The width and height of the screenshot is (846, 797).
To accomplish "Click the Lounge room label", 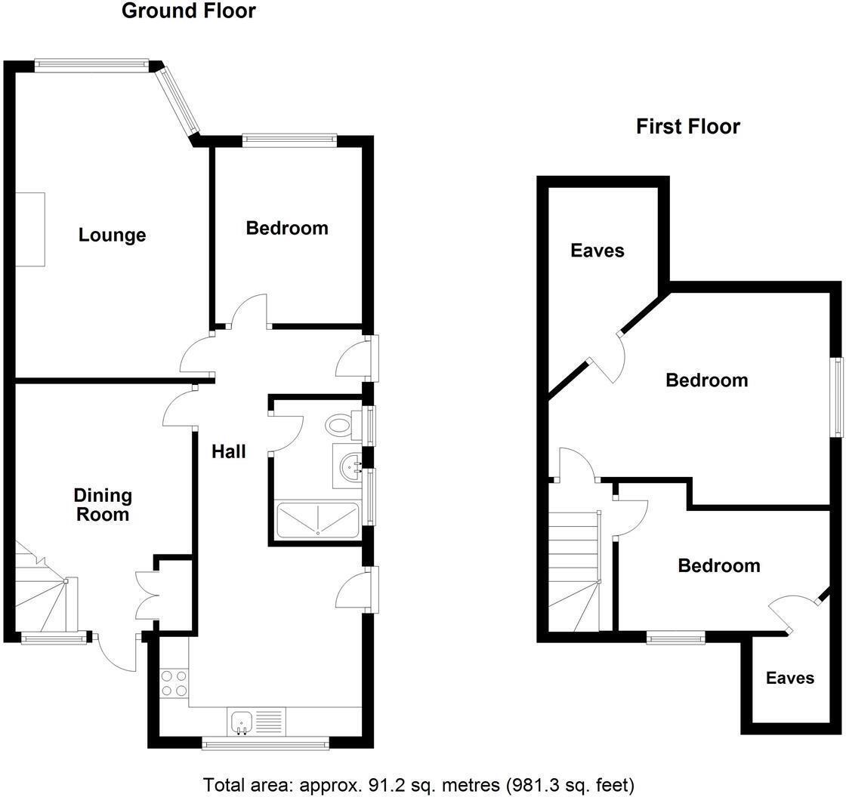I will point(112,235).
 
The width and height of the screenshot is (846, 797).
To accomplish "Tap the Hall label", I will point(228,451).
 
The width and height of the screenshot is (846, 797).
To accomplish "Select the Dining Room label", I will point(103,505).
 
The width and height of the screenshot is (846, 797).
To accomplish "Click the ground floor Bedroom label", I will point(287,228).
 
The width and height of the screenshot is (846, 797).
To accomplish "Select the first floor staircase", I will point(574,570).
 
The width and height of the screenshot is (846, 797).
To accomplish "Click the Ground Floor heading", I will point(188,11).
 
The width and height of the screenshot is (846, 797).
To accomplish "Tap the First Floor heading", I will point(687,126).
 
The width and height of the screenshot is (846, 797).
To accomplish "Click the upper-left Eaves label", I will point(597,251).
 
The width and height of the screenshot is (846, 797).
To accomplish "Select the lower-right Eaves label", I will point(790,678).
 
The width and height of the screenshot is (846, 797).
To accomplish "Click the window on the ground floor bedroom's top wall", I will point(289,138).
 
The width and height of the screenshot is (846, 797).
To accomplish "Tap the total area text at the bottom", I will point(418,785).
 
